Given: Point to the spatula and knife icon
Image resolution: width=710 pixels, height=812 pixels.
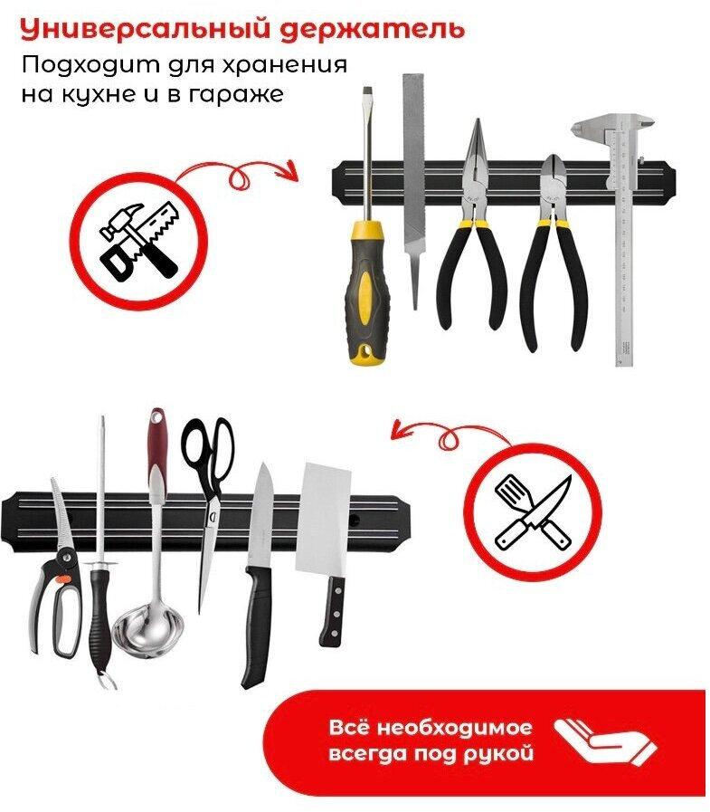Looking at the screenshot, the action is click(533, 512).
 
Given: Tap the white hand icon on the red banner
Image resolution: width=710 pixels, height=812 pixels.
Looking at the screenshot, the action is click(604, 742).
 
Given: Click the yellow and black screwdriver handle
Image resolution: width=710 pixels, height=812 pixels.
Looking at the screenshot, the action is click(366, 293).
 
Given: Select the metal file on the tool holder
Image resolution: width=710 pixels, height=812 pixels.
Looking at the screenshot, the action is click(414, 192).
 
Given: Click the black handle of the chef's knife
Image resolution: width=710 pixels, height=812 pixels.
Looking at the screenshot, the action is click(258, 626).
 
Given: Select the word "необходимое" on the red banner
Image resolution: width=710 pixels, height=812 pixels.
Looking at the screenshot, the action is click(455, 728).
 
